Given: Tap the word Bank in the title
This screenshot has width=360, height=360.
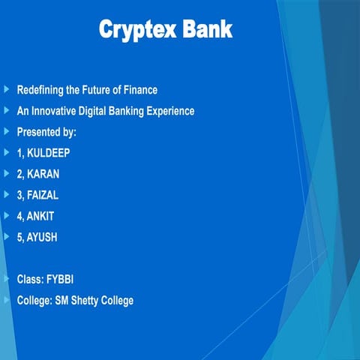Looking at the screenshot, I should pos(205,29).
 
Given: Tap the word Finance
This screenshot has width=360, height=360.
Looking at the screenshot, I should pos(139,90).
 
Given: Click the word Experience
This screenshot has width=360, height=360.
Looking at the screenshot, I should pos(167,111).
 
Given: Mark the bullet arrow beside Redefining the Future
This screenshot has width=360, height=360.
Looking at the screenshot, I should pos(7,89).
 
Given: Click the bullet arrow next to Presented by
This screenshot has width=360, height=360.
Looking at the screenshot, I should pos(7,131).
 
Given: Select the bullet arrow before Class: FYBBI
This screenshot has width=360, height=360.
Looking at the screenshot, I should pos(7,279).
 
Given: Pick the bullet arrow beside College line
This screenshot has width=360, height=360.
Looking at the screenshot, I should pos(7,300).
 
